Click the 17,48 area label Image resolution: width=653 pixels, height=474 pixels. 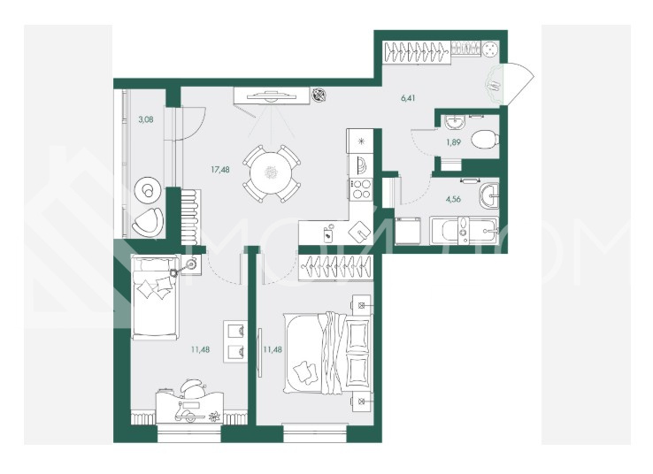pos(220,170)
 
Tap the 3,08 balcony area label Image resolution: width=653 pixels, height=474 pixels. pos(146,119)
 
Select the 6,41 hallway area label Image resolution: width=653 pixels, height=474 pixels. pos(408,98)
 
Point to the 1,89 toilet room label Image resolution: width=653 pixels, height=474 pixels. pos(453,142)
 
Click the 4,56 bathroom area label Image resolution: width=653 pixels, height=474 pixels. pos(453,199)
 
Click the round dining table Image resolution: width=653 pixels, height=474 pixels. pos(272,173)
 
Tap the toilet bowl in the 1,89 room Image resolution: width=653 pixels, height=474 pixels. pos(486,139)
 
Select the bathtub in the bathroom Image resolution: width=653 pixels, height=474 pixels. pos(464,230)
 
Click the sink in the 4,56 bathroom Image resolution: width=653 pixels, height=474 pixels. pos(489,195)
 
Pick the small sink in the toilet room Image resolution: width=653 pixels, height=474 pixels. pos(454,122)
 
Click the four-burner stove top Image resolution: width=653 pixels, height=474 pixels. pos(361,188)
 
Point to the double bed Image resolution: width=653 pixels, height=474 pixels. pos(327,354)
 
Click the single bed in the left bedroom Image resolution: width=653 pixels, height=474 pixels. pos(156,297)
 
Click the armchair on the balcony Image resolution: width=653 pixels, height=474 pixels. pos(148,221)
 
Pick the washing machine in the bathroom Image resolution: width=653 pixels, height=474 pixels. pos(408,230)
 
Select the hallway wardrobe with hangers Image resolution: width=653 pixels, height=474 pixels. pos(417,51)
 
